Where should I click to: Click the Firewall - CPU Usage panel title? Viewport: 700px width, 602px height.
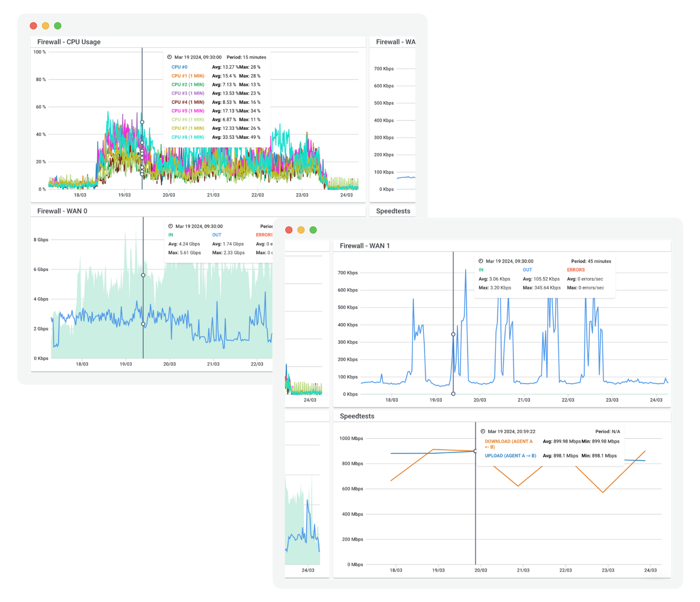[69, 42]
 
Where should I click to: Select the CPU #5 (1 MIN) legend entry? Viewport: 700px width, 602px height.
[188, 111]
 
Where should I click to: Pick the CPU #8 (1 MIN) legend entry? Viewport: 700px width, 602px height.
[188, 137]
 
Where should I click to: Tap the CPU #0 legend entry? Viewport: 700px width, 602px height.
[179, 67]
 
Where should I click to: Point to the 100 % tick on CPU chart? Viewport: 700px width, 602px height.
[39, 52]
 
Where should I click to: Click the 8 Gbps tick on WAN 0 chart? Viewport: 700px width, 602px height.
[41, 240]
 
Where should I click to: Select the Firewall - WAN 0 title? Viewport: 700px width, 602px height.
[62, 211]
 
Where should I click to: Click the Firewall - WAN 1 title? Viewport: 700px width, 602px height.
[365, 246]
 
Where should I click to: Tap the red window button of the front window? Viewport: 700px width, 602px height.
[289, 230]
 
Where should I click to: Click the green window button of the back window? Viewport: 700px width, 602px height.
[58, 26]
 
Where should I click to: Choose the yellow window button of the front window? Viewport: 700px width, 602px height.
[301, 230]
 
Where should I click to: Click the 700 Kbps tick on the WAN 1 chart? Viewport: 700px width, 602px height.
[348, 273]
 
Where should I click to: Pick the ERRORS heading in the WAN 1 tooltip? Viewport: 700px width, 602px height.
[576, 270]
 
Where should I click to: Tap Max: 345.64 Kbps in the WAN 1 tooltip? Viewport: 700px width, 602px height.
[541, 287]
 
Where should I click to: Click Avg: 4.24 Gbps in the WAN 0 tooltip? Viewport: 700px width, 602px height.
[184, 244]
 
